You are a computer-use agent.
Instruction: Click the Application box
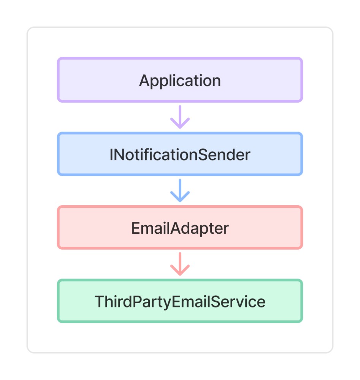pyautogui.click(x=180, y=80)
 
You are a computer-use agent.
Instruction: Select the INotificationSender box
pyautogui.click(x=180, y=154)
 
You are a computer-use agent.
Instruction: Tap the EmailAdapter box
pyautogui.click(x=180, y=227)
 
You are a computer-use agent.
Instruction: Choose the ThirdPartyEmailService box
pyautogui.click(x=180, y=301)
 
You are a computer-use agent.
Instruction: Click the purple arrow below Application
pyautogui.click(x=180, y=117)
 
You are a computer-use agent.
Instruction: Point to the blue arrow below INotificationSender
pyautogui.click(x=180, y=190)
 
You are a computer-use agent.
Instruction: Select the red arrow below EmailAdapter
pyautogui.click(x=180, y=264)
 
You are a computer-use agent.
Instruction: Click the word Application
pyautogui.click(x=180, y=81)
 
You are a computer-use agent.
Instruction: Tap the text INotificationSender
pyautogui.click(x=180, y=155)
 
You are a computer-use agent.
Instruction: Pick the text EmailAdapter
pyautogui.click(x=180, y=228)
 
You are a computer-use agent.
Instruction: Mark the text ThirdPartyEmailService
pyautogui.click(x=180, y=302)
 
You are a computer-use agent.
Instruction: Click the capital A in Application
pyautogui.click(x=145, y=80)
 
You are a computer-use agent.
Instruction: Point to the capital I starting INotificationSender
pyautogui.click(x=111, y=155)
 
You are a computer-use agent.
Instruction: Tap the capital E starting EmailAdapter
pyautogui.click(x=136, y=228)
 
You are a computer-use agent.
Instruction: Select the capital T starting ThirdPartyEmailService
pyautogui.click(x=100, y=301)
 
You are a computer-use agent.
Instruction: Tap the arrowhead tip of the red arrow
pyautogui.click(x=180, y=275)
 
